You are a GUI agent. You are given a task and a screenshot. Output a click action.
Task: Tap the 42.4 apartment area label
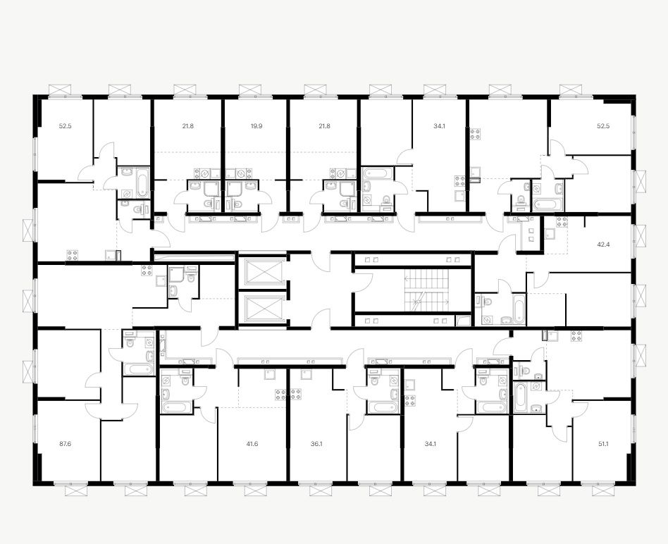[604, 245]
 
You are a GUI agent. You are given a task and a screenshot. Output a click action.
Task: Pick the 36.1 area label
[316, 444]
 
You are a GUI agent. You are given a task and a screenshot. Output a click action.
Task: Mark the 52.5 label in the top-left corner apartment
[66, 127]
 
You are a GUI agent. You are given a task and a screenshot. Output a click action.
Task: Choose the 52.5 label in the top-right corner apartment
[604, 127]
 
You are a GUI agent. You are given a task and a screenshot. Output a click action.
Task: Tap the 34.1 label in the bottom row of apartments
[429, 444]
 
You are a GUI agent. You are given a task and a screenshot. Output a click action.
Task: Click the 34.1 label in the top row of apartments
[439, 127]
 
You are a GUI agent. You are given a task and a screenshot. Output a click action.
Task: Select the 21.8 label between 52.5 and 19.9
[188, 127]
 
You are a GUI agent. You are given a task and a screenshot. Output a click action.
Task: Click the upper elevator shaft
[263, 272]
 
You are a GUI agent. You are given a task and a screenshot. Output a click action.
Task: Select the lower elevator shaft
[263, 308]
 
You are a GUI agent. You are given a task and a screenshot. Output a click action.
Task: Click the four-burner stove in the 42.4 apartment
[562, 222]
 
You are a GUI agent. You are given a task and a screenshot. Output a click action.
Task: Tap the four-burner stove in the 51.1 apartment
[576, 335]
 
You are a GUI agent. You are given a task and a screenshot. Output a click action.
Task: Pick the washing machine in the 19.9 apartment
[243, 173]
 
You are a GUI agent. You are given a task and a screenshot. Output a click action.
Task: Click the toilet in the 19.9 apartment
[237, 204]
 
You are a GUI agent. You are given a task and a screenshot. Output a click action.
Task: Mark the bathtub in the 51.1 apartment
[521, 397]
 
